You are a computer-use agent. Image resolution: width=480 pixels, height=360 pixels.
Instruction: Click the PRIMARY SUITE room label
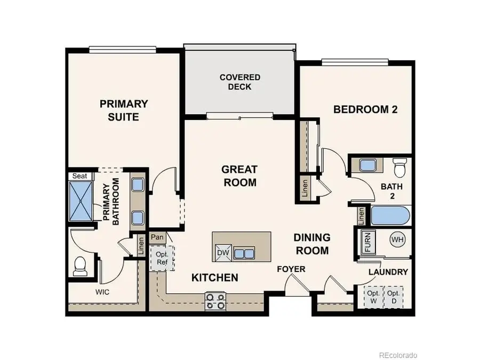tap(124, 110)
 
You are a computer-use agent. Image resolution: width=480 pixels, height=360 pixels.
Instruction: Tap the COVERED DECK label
tap(239, 82)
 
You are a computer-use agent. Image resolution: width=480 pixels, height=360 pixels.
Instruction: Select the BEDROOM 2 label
tap(366, 109)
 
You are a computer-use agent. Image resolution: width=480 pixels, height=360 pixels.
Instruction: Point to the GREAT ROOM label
tap(239, 176)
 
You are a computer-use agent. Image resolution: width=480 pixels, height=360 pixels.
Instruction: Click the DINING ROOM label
tap(313, 244)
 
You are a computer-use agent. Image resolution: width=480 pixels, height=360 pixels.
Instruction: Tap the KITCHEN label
tap(215, 277)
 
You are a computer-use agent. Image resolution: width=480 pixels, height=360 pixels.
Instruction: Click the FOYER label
tap(291, 269)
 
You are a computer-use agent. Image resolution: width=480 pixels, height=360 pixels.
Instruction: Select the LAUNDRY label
tap(388, 272)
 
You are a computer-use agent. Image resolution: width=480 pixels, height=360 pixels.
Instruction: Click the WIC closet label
tap(103, 292)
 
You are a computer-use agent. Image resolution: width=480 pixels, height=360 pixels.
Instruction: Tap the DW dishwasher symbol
tap(222, 253)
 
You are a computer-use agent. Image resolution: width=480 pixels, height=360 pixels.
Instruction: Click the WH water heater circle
tap(397, 239)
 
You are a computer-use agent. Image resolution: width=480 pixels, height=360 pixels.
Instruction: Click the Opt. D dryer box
tap(394, 297)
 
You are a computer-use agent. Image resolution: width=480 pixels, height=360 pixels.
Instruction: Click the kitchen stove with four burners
tap(216, 301)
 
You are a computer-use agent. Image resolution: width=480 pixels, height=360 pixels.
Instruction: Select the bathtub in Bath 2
tap(390, 217)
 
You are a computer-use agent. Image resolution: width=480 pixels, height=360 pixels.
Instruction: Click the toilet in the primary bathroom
tap(80, 266)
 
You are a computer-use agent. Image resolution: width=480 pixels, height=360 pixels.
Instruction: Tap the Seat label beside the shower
tap(79, 176)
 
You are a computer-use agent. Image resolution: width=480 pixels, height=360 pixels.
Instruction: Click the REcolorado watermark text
tap(398, 355)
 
